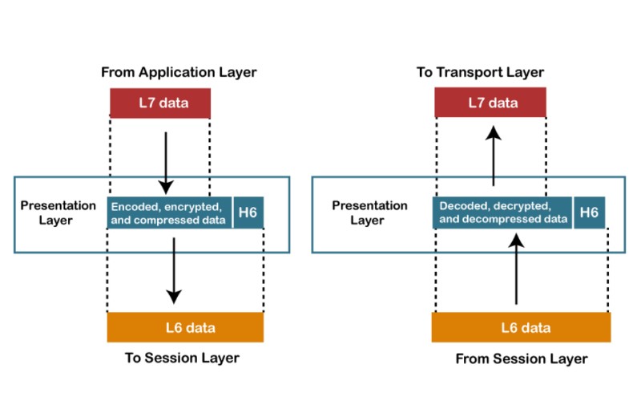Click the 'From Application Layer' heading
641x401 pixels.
click(179, 72)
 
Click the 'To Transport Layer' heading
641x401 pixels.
click(480, 72)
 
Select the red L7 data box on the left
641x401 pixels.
click(160, 103)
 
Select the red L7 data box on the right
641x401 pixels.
click(490, 103)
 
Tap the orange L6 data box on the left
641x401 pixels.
click(185, 327)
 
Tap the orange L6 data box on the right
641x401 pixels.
click(521, 327)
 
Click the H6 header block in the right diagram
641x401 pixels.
click(589, 213)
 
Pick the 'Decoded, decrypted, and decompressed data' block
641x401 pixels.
click(503, 213)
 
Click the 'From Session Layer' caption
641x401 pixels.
click(521, 358)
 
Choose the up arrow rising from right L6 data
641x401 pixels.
click(517, 269)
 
